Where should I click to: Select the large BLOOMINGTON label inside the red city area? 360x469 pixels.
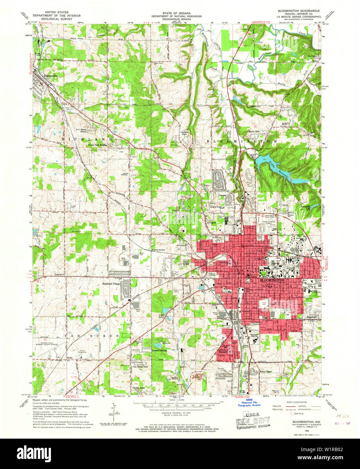pyautogui.click(x=272, y=280)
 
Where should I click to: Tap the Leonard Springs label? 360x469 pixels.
pyautogui.click(x=160, y=350)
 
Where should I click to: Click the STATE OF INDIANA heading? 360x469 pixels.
pyautogui.click(x=176, y=13)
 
